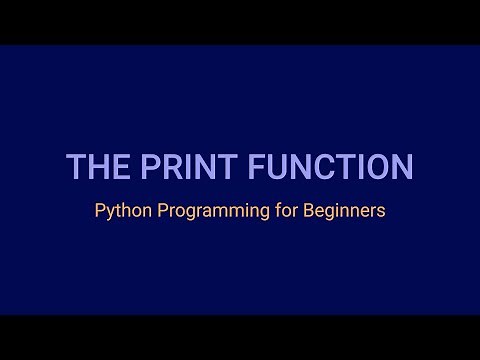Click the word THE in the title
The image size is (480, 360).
[x=93, y=167]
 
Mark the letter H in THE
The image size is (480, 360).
[x=93, y=167]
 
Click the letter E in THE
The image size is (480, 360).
[x=112, y=167]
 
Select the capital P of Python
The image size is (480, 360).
[x=100, y=212]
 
